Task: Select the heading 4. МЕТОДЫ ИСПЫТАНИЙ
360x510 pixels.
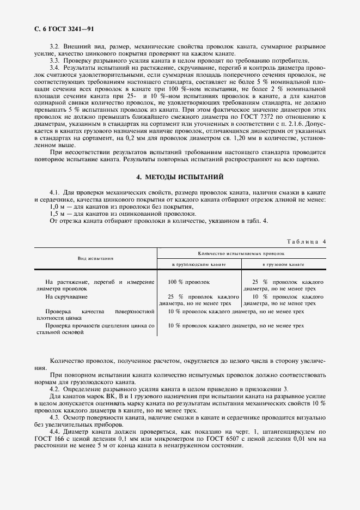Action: click(179, 178)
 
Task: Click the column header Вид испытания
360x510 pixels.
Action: click(95, 259)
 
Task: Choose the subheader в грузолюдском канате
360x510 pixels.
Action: click(199, 264)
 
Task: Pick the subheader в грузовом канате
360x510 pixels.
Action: click(283, 264)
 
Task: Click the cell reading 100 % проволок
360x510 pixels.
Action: click(189, 282)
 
